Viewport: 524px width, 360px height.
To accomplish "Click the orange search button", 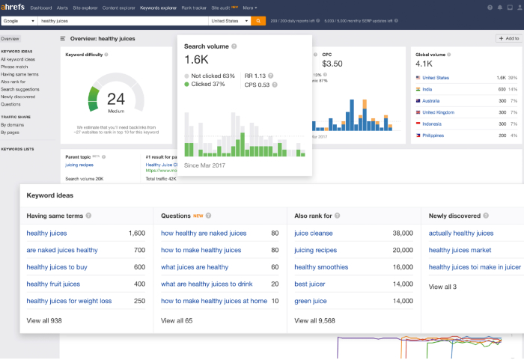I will point(258,21).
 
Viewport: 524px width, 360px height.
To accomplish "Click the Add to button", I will point(508,38).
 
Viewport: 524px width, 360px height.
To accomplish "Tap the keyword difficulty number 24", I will point(115,98).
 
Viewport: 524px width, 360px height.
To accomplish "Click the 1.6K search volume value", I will point(196,59).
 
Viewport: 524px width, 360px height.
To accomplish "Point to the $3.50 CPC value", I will point(332,64).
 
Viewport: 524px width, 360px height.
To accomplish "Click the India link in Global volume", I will point(428,89).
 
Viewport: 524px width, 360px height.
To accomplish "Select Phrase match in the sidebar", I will point(15,66).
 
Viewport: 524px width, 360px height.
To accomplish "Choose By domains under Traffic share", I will point(13,124).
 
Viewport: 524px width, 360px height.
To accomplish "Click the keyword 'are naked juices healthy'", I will point(62,251).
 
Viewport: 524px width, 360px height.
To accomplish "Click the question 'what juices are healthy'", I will point(195,267).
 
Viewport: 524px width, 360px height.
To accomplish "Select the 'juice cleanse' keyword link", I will point(314,234).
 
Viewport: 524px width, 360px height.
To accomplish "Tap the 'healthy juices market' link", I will point(460,251).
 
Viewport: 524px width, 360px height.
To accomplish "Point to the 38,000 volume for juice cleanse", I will point(402,234).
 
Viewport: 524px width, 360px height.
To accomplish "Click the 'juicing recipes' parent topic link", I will point(79,164).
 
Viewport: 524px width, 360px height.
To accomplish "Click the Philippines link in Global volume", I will point(433,135).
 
